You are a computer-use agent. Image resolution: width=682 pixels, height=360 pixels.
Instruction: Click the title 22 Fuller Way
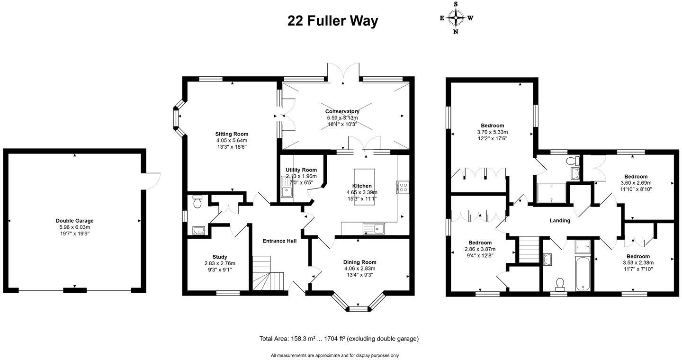[332, 21]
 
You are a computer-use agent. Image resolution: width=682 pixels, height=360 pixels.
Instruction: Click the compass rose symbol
[456, 18]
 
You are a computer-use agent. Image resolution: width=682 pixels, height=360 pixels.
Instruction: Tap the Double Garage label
[74, 221]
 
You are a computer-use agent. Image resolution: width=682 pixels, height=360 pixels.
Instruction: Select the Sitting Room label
[232, 134]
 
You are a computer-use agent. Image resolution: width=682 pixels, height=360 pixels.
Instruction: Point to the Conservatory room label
[342, 111]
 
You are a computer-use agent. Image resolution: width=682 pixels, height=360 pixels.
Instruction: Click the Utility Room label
[301, 170]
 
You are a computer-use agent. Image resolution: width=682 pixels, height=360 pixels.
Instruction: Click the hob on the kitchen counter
[403, 188]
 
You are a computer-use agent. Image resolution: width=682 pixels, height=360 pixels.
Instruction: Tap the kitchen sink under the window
[374, 229]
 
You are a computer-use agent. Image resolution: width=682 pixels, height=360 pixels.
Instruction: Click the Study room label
[220, 257]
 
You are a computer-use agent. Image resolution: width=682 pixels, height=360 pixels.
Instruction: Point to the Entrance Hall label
[279, 241]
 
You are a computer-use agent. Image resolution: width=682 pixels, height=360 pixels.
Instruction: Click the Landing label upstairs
[559, 221]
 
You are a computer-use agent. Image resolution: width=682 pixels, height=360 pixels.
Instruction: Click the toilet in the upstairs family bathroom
[560, 283]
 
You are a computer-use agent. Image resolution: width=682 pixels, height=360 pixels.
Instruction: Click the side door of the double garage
[153, 180]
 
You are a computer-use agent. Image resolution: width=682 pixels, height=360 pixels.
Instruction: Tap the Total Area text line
[339, 339]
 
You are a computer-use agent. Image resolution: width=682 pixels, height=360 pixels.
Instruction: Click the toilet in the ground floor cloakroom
[198, 202]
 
